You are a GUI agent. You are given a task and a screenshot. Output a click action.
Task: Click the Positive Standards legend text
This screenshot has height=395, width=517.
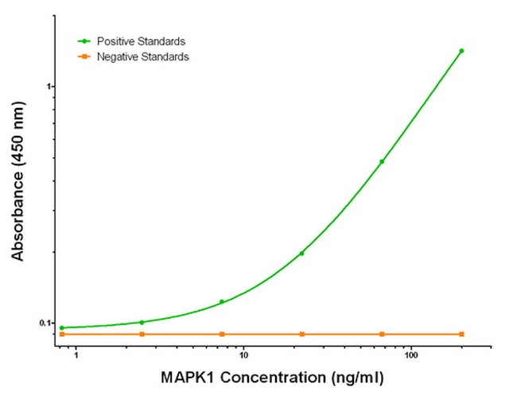[x=142, y=41]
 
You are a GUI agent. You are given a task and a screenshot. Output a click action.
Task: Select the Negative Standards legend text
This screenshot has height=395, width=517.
[x=143, y=56]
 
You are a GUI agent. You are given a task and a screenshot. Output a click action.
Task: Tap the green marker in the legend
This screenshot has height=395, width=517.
[x=84, y=41]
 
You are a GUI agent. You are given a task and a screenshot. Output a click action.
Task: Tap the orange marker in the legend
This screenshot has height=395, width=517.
[x=84, y=56]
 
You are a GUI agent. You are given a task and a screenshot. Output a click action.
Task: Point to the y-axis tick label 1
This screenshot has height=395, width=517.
[x=48, y=86]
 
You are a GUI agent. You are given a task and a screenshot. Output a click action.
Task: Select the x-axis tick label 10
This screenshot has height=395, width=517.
[x=243, y=354]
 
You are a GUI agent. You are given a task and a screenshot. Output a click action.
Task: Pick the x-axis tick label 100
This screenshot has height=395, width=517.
[x=411, y=354]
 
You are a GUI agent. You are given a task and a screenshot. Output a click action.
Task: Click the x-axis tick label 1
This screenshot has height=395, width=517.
[x=76, y=354]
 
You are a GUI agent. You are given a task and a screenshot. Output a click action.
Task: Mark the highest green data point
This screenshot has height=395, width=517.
[x=461, y=51]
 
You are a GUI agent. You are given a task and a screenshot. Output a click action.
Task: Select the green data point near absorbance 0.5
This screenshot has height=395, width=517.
[x=382, y=161]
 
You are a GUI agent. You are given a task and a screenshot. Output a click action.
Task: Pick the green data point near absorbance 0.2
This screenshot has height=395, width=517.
[x=301, y=254]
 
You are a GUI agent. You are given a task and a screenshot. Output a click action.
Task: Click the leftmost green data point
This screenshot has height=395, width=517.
[x=62, y=327]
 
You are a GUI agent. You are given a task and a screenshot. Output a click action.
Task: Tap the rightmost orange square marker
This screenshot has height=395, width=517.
[x=461, y=334]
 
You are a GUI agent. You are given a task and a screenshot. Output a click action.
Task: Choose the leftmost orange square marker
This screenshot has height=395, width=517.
[x=62, y=334]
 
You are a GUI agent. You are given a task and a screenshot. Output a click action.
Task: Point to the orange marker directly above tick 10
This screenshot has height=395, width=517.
[x=222, y=334]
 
